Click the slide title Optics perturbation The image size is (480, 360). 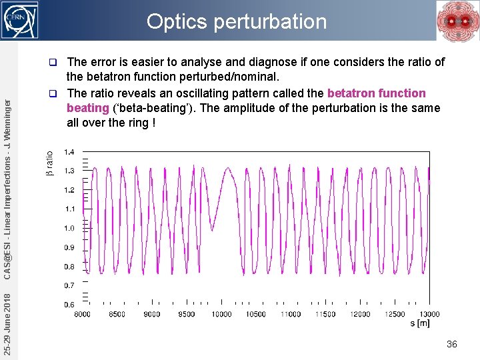click(237, 21)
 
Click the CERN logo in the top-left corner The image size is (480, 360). click(21, 15)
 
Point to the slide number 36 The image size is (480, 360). click(451, 344)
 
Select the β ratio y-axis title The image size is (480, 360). click(49, 163)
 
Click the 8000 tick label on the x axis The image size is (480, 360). click(83, 314)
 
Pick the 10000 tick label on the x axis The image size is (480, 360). click(221, 314)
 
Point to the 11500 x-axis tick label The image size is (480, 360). click(325, 314)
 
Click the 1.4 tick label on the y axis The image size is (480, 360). click(69, 153)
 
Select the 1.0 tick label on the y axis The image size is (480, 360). click(69, 229)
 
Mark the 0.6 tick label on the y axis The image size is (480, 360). click(69, 305)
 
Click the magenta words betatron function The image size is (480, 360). click(376, 93)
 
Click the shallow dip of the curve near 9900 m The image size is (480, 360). click(212, 230)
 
